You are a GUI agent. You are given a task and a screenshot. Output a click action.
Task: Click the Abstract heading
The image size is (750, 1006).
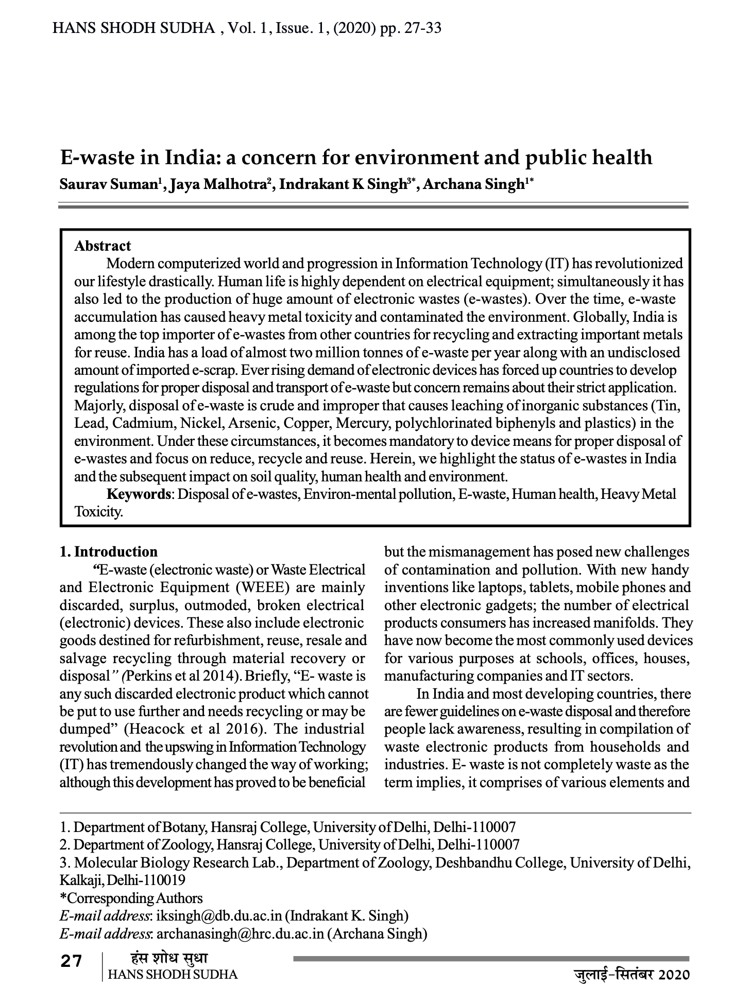pyautogui.click(x=103, y=246)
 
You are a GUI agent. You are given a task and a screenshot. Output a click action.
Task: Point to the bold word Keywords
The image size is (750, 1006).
pyautogui.click(x=138, y=494)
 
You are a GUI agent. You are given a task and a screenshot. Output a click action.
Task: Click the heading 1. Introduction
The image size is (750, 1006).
pyautogui.click(x=109, y=552)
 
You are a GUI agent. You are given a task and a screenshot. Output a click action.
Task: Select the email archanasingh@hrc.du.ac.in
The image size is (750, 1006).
pyautogui.click(x=240, y=933)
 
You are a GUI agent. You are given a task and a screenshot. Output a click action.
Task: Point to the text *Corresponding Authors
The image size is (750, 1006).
pyautogui.click(x=131, y=898)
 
